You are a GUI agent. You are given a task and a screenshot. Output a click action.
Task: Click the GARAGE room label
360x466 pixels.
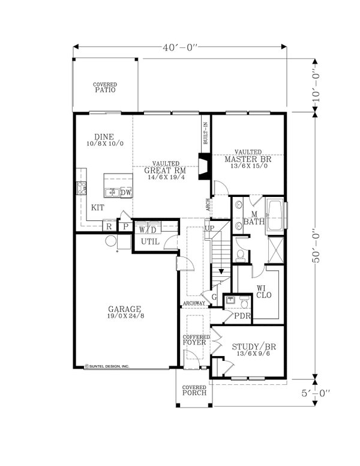coord(124,309)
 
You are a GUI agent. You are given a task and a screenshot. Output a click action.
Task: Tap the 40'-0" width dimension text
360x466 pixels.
coord(180,47)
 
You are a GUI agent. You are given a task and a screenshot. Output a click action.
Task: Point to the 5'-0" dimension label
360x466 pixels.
coord(316,393)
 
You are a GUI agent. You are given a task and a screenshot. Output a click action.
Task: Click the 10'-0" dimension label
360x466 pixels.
coord(316,85)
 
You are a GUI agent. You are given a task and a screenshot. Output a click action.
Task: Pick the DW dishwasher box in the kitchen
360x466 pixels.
coord(126,193)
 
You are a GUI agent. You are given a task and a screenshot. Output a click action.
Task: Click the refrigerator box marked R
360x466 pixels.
coord(109,226)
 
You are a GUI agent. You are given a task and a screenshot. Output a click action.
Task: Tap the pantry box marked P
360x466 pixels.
coord(125,226)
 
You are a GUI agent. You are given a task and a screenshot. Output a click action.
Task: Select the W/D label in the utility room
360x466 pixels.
coord(148,230)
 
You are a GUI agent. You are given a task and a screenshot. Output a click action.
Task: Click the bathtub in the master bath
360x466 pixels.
coord(275,216)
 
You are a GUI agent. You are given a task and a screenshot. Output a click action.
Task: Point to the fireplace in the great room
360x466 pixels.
coord(205,166)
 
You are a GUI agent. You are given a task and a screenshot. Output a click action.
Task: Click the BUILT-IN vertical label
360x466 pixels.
coord(205,134)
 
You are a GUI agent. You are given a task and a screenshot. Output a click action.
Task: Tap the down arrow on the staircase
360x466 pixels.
coord(221,271)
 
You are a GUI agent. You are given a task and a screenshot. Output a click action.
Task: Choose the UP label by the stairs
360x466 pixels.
coord(209,228)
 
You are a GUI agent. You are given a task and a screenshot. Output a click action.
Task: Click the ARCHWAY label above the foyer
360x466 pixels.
coord(194,303)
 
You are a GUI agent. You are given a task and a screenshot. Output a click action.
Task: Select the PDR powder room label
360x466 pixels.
coord(242,316)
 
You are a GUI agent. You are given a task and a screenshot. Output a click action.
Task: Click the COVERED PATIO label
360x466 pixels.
coord(105,88)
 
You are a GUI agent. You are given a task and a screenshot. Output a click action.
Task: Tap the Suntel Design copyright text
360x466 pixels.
coord(107,366)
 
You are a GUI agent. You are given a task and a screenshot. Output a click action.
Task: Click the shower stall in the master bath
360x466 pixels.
coord(276,250)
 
